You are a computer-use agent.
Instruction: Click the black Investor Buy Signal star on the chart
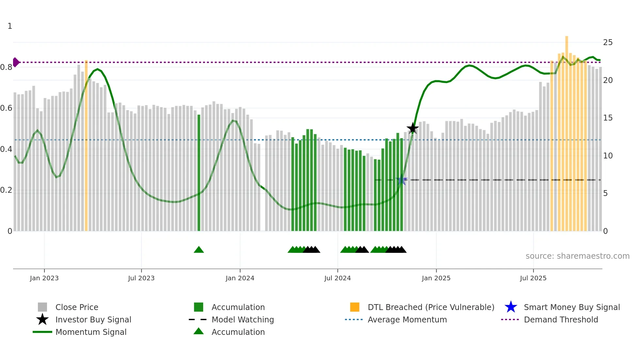(x=413, y=128)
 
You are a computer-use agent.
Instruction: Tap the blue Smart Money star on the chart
(x=402, y=180)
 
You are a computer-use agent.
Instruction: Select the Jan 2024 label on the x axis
(x=240, y=278)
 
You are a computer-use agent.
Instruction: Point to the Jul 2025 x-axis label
(x=533, y=278)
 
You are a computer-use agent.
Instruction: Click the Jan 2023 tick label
(x=44, y=278)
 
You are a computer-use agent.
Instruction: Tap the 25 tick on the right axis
(x=608, y=42)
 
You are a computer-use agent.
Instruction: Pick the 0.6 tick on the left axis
(x=7, y=108)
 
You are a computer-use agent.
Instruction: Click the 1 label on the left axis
(x=10, y=26)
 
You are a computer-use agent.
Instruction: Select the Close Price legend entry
(x=76, y=307)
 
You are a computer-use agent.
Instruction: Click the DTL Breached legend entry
(x=431, y=307)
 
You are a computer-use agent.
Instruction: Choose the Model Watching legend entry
(x=242, y=319)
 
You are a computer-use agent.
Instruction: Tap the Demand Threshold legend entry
(x=561, y=319)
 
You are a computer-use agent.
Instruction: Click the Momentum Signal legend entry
(x=91, y=332)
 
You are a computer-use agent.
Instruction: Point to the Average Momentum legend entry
(x=407, y=319)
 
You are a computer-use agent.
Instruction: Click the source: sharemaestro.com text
(x=577, y=256)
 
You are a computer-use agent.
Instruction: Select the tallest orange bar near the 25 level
(x=567, y=131)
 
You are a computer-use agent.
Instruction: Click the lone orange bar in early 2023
(x=86, y=147)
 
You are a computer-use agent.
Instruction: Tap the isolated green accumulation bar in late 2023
(x=199, y=173)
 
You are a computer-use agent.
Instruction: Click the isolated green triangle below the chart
(x=199, y=250)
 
